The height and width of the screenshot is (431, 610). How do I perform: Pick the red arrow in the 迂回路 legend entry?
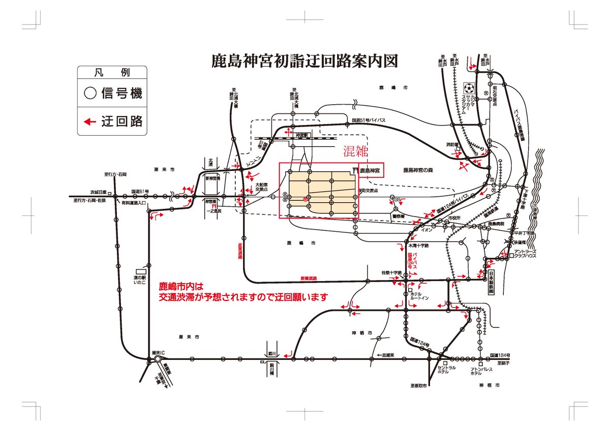click(90, 121)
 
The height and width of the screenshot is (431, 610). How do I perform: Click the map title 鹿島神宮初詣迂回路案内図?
click(304, 61)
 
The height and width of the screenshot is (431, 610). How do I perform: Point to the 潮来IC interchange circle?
click(158, 359)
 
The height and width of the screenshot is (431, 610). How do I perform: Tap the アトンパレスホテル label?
click(476, 371)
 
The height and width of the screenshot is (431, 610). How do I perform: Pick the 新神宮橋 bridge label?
click(212, 178)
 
